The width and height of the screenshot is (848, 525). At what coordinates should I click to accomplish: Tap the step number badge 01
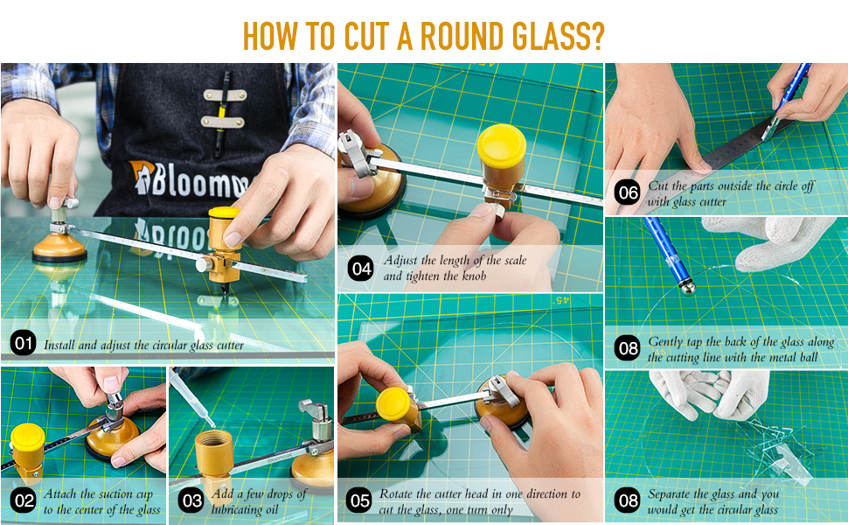pos(24,345)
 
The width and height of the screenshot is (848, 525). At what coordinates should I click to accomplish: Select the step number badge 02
pos(24,501)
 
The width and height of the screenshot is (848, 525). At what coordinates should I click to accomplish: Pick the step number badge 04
pos(361,269)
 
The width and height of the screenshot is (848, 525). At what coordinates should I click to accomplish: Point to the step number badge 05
pos(359,501)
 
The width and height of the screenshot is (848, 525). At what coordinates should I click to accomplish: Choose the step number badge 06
pos(627,193)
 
